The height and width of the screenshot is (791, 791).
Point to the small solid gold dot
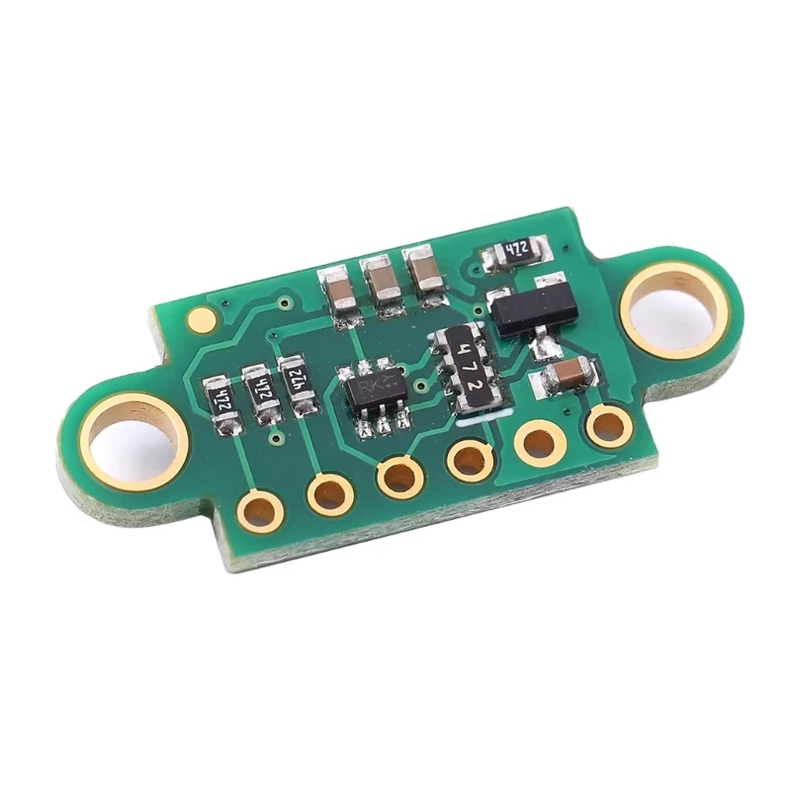(202, 319)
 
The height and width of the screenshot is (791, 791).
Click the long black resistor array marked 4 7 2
(472, 371)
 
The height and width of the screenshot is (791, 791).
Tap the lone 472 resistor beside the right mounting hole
(514, 252)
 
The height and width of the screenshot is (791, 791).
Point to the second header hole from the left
(329, 493)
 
